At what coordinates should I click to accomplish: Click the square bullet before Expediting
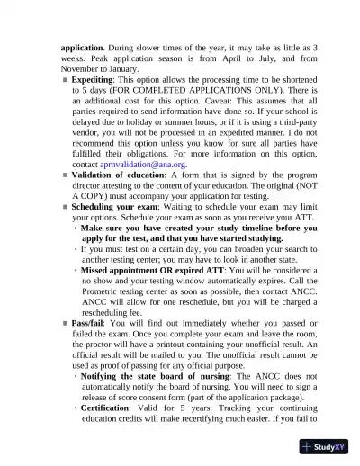tap(65, 80)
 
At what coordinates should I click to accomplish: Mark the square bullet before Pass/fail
tap(65, 321)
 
